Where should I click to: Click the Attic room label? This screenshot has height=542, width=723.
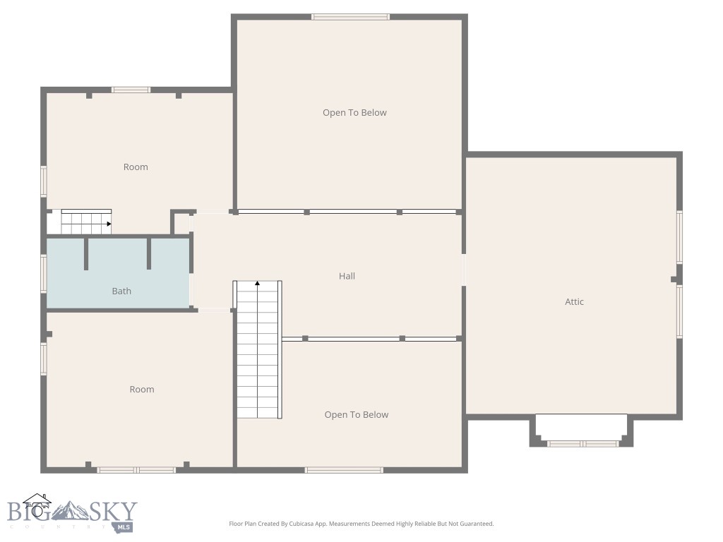(x=574, y=302)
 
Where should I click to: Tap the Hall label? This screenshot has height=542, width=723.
(x=347, y=277)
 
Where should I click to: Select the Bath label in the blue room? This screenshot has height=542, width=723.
(x=121, y=291)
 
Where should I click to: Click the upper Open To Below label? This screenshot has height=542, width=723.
(x=354, y=113)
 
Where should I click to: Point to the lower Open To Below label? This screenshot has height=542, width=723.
(x=356, y=415)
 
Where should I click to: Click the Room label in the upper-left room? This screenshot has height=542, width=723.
(x=136, y=167)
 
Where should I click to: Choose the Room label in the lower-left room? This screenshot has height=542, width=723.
(x=141, y=390)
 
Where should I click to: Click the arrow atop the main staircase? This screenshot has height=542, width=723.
(x=258, y=284)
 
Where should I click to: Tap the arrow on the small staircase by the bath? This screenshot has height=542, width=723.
(x=109, y=224)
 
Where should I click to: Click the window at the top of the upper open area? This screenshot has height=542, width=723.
(x=350, y=17)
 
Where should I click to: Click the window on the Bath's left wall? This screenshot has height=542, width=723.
(x=44, y=273)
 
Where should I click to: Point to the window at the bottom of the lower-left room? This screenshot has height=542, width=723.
(x=136, y=469)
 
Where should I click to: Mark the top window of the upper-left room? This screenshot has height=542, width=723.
(x=131, y=90)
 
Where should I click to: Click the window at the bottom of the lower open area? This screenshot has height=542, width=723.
(x=344, y=469)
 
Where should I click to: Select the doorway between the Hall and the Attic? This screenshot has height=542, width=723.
(x=464, y=270)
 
